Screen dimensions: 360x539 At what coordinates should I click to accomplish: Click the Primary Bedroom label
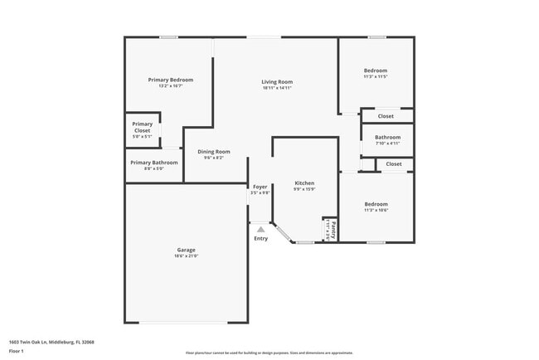tap(170, 80)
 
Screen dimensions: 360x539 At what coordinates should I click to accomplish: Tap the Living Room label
tap(277, 82)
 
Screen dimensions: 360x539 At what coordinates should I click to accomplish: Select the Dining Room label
tap(213, 152)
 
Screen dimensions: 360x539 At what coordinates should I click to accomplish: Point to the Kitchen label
tap(304, 182)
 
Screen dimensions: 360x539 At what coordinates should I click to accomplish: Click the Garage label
tap(186, 250)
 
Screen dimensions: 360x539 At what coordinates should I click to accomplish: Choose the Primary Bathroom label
tap(153, 163)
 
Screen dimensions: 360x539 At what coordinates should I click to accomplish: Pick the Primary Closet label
tap(142, 127)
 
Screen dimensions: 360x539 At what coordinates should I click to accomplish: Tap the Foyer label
tap(260, 187)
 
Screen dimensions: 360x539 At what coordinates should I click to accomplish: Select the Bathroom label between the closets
tap(387, 137)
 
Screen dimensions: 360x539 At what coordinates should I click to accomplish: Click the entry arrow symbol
tap(260, 229)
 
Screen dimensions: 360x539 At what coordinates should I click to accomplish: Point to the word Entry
tap(260, 239)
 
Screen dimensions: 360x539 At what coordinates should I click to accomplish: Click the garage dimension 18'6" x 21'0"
tap(186, 256)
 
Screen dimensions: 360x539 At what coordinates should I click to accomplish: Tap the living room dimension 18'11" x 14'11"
tap(277, 89)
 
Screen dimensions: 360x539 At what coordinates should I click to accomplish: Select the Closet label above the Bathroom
tap(386, 116)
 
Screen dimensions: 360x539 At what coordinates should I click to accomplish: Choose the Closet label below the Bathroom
tap(393, 164)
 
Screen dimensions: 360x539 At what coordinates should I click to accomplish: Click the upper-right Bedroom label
tap(375, 71)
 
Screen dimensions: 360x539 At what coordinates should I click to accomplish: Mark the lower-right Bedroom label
tap(375, 203)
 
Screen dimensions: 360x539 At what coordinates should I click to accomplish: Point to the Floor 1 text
tap(17, 352)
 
